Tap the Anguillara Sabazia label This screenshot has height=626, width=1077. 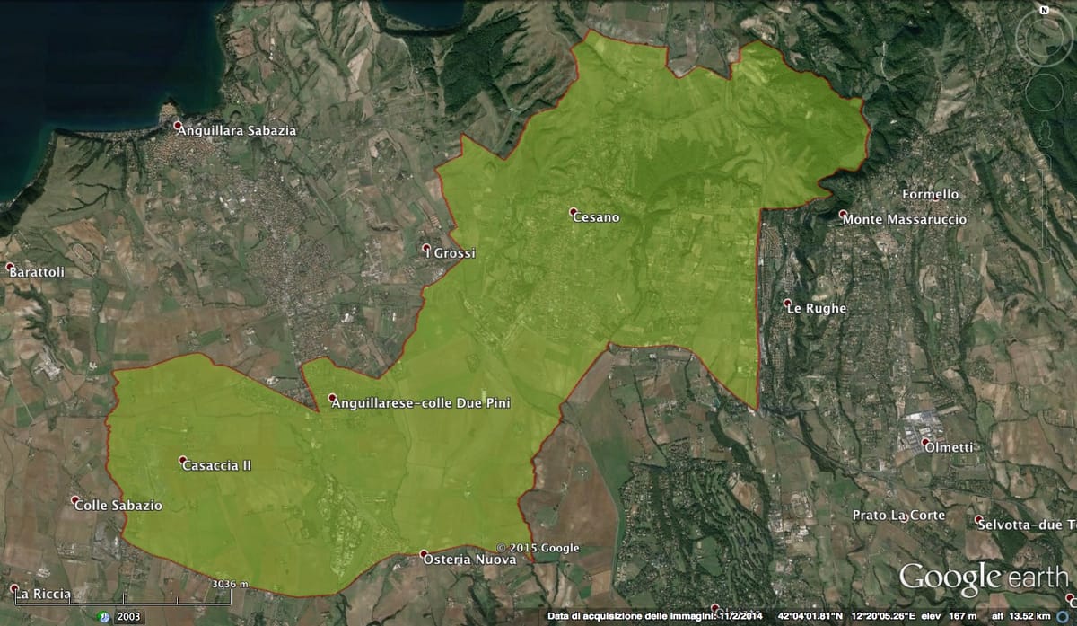[237, 130]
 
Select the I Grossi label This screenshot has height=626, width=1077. [453, 253]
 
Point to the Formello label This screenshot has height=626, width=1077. [931, 194]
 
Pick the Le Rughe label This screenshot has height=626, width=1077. [819, 308]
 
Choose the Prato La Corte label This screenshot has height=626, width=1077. [898, 515]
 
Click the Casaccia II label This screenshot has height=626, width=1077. [216, 465]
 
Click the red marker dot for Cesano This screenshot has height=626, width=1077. [573, 212]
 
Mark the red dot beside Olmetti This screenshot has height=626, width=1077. [925, 442]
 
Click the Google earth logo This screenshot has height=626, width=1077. [983, 578]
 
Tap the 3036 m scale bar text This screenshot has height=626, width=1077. [230, 585]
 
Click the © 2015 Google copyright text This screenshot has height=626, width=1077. [538, 548]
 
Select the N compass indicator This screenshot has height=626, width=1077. [1044, 10]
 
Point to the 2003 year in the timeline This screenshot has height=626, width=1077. [129, 617]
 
